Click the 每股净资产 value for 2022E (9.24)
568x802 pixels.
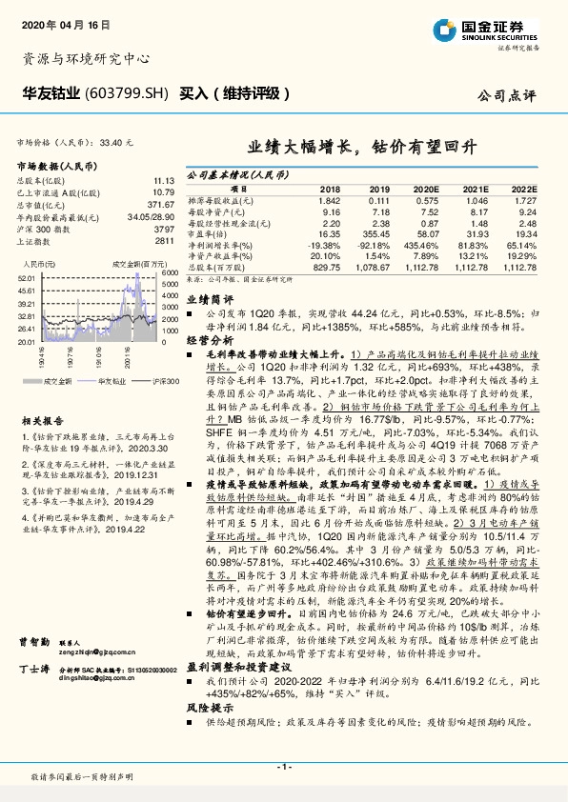525,212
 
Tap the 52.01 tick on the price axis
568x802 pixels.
26,276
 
